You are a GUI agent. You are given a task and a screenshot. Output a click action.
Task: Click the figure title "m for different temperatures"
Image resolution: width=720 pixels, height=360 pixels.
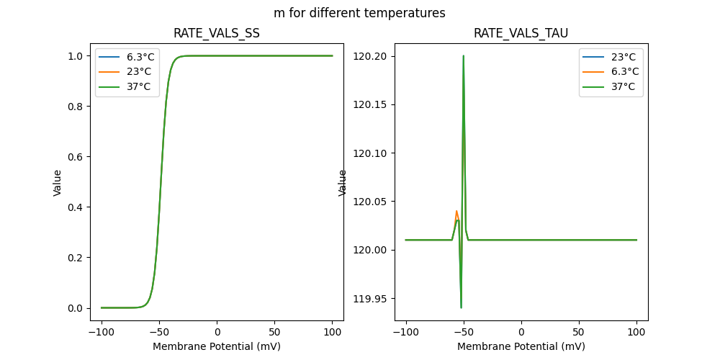359,13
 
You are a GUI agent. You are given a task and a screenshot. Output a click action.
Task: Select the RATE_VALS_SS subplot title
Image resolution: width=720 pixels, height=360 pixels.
217,34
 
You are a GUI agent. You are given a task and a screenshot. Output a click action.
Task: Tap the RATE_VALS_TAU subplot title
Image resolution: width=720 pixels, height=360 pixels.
521,34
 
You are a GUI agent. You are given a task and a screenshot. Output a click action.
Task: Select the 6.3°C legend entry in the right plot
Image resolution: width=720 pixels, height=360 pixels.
624,71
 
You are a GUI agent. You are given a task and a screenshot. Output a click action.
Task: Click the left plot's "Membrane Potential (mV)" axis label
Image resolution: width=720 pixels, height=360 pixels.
217,346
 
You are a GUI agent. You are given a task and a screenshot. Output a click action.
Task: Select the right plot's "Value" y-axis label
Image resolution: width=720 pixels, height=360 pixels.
343,183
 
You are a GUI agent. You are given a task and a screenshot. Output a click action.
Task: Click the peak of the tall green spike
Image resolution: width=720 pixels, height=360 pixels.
463,56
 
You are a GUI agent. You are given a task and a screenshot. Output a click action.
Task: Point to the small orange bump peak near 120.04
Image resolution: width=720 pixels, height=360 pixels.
456,211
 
